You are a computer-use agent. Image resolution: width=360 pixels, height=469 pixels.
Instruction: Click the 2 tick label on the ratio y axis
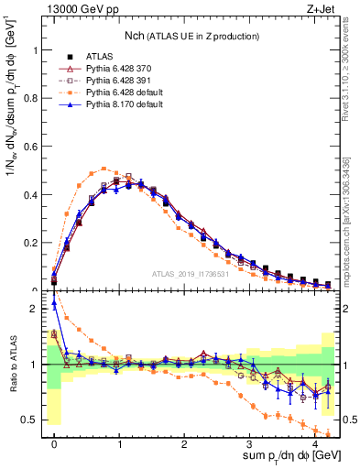37,309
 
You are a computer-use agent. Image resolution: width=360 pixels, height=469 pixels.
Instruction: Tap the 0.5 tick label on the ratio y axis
31,420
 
